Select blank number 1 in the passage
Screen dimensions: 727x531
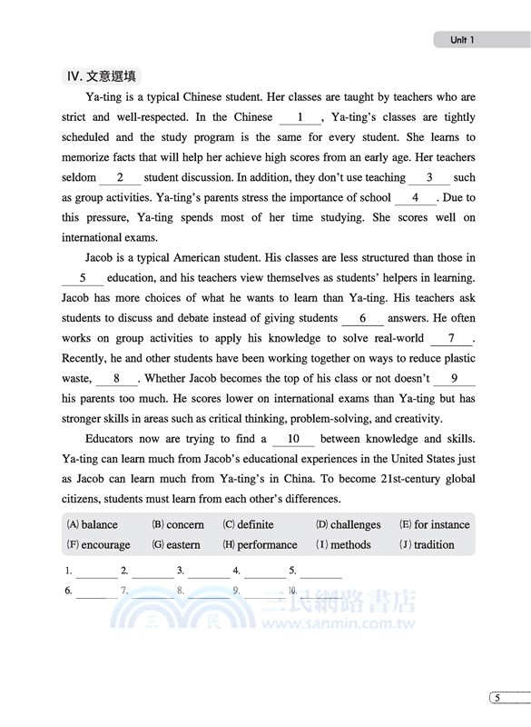coord(300,117)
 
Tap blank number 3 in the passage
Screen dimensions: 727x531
coord(429,178)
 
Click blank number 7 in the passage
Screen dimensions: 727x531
coord(452,339)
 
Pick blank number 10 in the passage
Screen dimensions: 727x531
coord(292,439)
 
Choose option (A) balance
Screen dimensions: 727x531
coord(93,524)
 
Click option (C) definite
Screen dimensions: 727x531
coord(248,524)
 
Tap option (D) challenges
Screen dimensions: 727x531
coord(348,524)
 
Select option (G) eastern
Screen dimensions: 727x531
coord(176,544)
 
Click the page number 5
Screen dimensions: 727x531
coord(497,697)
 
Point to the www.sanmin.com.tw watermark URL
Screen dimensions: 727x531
coord(337,625)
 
